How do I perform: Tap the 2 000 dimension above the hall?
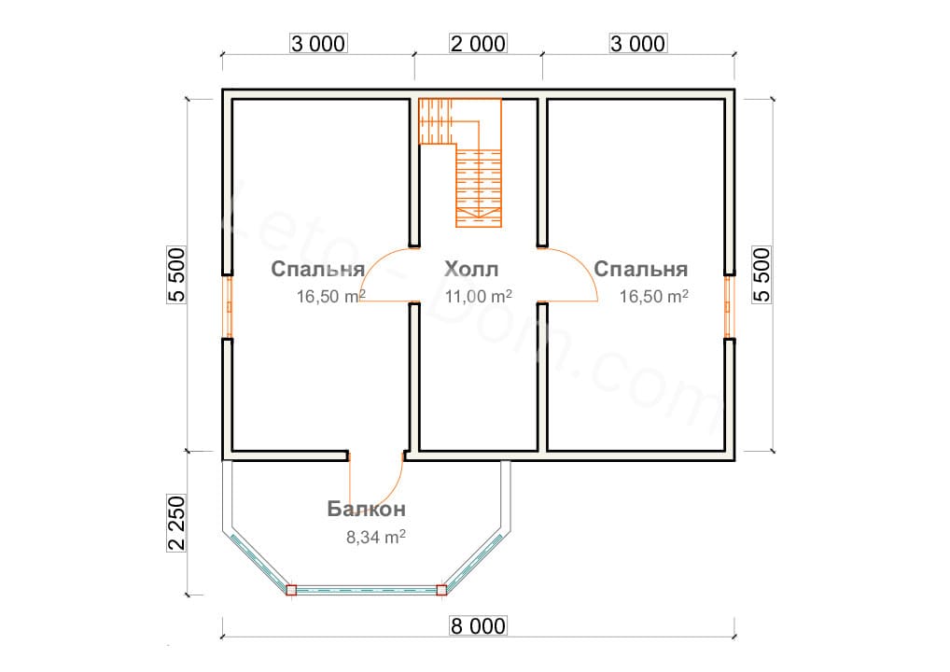480,44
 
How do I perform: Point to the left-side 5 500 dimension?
176,275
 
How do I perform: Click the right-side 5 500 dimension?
761,275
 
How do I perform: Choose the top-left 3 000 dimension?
318,44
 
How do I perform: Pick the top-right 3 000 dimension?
638,44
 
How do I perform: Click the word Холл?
471,270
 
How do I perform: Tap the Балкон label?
366,510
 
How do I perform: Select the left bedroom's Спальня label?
317,270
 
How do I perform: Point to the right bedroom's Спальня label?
641,270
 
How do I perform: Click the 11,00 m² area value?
478,298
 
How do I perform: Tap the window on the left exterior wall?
227,307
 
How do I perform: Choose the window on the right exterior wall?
731,307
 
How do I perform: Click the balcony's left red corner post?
291,590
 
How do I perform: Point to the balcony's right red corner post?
441,590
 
